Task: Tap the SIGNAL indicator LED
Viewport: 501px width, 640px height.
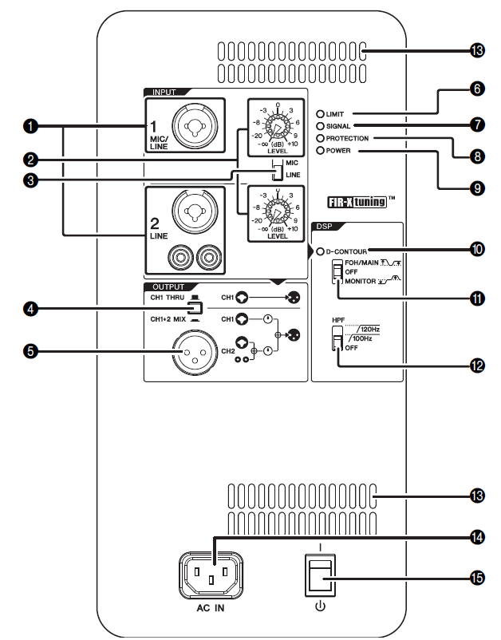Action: (x=319, y=126)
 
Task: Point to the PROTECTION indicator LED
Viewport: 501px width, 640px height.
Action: (x=319, y=138)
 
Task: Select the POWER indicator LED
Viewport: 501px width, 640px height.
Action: (x=319, y=150)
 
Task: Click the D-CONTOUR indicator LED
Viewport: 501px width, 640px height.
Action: (x=321, y=252)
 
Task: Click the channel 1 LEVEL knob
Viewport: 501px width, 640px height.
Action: (x=274, y=131)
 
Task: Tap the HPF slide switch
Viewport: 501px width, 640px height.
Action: (x=338, y=342)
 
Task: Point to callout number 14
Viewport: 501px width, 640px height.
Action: (x=477, y=539)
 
